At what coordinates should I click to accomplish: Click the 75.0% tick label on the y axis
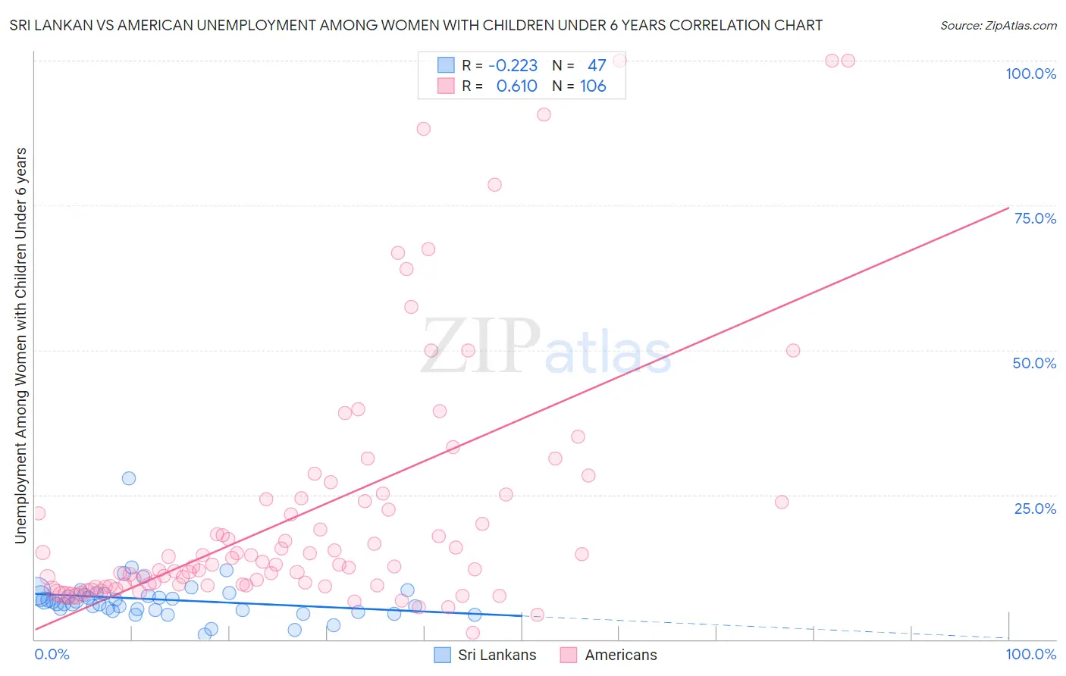point(1035,218)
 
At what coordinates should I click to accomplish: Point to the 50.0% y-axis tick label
point(1034,363)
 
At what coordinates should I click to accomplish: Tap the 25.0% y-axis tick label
point(1035,509)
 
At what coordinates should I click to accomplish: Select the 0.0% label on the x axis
point(52,654)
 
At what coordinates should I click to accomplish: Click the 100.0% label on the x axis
point(1030,654)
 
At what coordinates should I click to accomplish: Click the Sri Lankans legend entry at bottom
point(497,655)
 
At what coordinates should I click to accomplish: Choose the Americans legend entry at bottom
point(621,655)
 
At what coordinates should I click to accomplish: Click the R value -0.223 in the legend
point(513,66)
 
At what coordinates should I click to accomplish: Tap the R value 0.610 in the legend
point(516,86)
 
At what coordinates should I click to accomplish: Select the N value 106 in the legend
point(593,86)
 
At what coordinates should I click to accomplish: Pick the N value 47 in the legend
point(597,66)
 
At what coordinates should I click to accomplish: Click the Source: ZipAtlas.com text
point(998,26)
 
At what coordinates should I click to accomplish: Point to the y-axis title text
point(20,345)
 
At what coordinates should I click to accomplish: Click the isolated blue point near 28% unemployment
point(129,478)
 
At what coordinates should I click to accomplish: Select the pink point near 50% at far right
point(793,350)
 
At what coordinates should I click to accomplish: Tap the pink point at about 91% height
point(544,114)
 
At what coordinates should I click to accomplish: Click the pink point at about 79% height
point(494,185)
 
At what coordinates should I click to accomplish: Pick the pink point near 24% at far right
point(782,502)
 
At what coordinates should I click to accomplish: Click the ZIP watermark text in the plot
point(480,346)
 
